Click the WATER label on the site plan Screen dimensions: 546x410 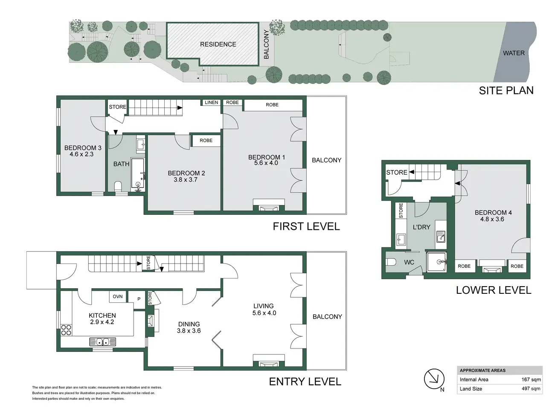tap(514, 53)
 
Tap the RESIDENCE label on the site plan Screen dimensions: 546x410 tap(218, 44)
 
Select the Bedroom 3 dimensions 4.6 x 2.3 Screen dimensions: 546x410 tap(81, 154)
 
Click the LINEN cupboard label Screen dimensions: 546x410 tap(211, 102)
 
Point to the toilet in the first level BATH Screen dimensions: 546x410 tap(118, 186)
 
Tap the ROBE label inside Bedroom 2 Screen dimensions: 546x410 tap(206, 141)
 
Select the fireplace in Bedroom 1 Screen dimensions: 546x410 tap(269, 205)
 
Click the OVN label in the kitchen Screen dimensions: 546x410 tap(118, 296)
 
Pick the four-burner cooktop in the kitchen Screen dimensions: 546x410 tap(66, 330)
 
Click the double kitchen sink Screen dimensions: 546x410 tap(102, 342)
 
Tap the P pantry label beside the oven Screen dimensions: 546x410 tap(139, 299)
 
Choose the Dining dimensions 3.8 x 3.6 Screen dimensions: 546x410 tap(189, 331)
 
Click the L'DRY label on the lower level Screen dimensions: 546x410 tap(421, 227)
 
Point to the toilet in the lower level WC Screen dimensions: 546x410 tap(391, 262)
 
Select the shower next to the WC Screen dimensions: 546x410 tap(436, 262)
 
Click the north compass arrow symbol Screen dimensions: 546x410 tap(434, 379)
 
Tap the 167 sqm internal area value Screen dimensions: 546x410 tap(531, 380)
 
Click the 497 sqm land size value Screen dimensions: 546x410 tap(531, 389)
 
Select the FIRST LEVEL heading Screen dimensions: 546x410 tap(306, 226)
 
